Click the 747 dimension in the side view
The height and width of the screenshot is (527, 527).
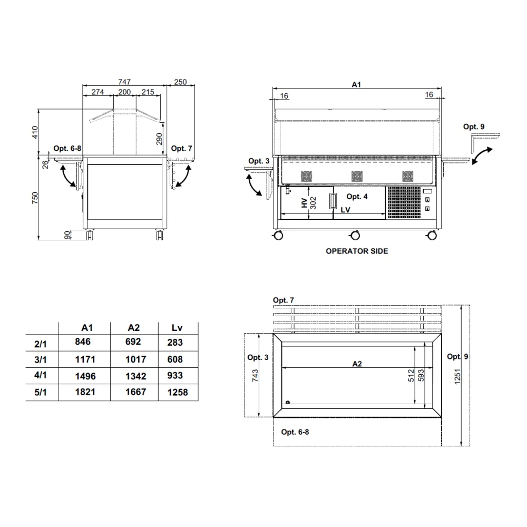pos(124,82)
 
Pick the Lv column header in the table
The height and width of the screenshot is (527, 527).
pos(177,328)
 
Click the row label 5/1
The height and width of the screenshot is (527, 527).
pos(41,393)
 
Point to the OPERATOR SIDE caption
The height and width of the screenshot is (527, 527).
pos(357,251)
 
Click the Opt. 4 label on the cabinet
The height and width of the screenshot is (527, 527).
pos(357,197)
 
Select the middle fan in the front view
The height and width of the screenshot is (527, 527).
pos(357,176)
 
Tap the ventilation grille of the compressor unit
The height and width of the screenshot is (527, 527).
pos(404,202)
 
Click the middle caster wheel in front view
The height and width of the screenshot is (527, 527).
pos(354,235)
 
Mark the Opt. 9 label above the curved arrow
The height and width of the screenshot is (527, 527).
pos(473,126)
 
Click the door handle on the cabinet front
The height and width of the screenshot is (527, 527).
pos(333,201)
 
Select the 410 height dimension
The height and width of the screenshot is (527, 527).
pos(35,132)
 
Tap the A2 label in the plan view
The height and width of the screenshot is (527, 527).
pos(357,364)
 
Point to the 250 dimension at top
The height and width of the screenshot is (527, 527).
pos(180,82)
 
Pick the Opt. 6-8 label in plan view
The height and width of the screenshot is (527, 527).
pos(295,432)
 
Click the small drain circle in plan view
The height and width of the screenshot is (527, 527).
pos(288,403)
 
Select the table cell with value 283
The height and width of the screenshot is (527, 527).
pos(175,343)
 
